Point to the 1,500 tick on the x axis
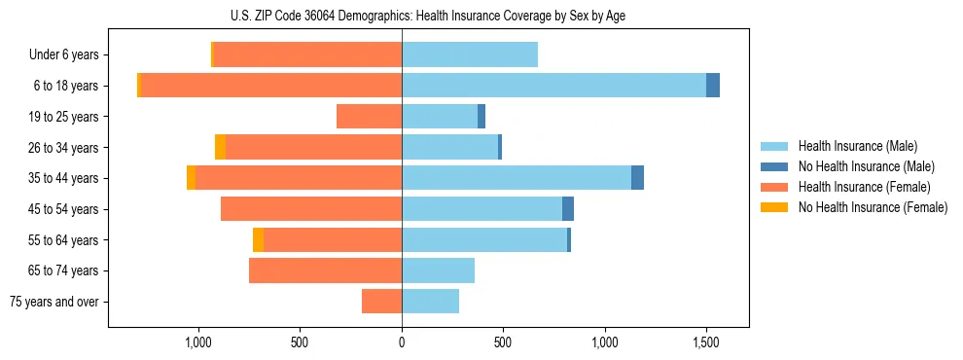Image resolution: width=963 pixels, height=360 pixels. [706, 342]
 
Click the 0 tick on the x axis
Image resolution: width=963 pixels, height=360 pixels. [402, 342]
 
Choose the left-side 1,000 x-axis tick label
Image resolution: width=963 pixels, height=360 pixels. [198, 342]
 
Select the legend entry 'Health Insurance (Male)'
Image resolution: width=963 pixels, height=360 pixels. [857, 146]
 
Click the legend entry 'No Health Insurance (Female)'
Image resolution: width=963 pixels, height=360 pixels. [873, 207]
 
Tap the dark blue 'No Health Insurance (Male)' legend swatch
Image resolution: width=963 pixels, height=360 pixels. [774, 166]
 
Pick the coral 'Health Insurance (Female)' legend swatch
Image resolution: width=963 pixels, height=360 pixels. [774, 187]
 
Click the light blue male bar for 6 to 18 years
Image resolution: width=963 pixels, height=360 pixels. [553, 86]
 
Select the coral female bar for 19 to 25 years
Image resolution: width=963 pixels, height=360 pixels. [369, 117]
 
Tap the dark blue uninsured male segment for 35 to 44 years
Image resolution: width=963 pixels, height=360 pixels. [637, 178]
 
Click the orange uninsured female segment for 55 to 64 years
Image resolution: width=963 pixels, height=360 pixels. [258, 240]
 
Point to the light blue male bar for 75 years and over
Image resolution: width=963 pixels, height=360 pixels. [430, 302]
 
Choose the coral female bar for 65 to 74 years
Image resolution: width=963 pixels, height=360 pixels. [325, 270]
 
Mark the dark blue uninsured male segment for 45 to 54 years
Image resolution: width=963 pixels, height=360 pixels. [568, 209]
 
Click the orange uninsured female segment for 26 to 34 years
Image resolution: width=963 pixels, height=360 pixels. [220, 147]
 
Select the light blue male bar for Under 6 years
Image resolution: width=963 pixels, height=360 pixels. [470, 55]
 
